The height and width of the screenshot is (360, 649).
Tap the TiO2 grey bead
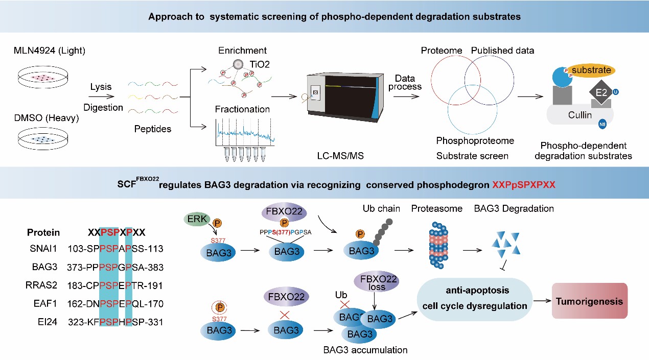tap(237, 65)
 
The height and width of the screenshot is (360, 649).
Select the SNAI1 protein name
tap(40, 249)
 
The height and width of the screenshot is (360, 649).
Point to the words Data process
tap(405, 82)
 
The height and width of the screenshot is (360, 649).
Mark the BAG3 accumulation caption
tap(365, 350)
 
